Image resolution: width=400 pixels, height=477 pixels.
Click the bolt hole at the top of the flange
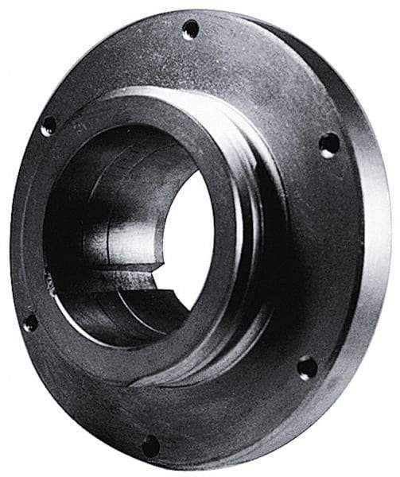point(191,30)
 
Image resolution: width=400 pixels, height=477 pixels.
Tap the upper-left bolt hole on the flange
point(49,125)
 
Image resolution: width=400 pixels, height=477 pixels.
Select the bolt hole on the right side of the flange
point(328,145)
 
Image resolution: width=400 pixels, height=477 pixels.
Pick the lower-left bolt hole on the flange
point(30,322)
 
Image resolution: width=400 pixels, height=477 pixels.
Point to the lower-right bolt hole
point(307,367)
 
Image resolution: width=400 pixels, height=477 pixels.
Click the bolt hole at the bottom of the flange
point(150,445)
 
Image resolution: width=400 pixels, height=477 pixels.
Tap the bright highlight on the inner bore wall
point(127,238)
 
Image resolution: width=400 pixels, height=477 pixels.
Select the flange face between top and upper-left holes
point(111,64)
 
